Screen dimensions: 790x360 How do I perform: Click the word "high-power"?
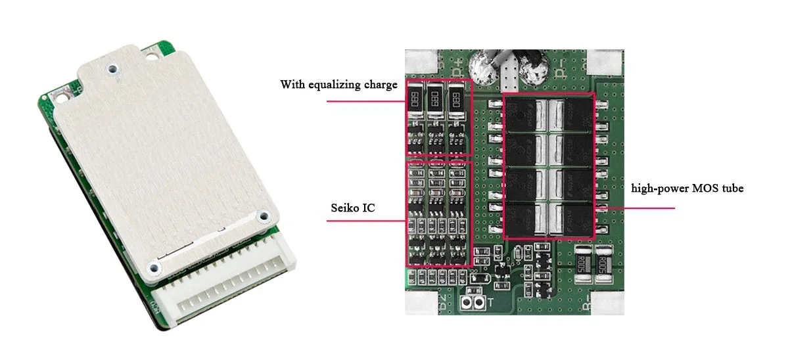point(656,189)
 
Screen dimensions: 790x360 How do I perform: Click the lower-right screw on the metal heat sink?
point(263,215)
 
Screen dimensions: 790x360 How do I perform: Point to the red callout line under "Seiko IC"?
point(365,220)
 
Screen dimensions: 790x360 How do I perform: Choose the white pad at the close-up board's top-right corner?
point(605,63)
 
